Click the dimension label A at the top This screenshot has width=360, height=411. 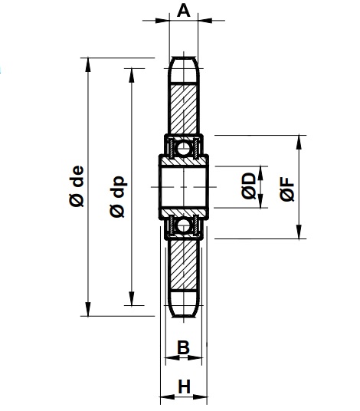tap(183, 10)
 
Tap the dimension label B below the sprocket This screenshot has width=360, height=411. tap(183, 347)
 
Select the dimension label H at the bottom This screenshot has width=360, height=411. tap(184, 387)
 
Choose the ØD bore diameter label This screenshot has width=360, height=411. tap(247, 186)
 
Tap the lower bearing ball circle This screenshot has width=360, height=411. tap(183, 225)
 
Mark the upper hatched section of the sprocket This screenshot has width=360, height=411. tap(183, 107)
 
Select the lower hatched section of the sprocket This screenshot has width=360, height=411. tap(183, 265)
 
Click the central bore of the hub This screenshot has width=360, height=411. tap(183, 186)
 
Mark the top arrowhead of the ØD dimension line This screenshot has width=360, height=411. tap(260, 167)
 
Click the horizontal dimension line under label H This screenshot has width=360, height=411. tap(184, 399)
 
